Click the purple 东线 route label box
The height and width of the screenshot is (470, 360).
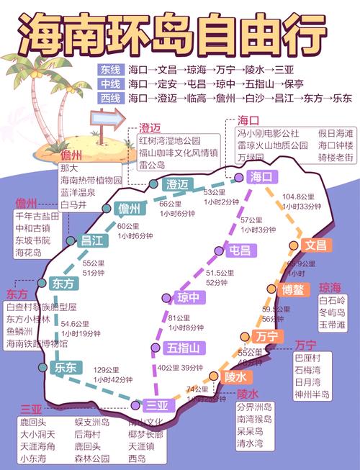coord(111,71)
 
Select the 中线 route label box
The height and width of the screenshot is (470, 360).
coord(111,84)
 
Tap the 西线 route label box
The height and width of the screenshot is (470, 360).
coord(111,98)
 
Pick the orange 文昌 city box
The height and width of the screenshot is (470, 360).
coord(315,245)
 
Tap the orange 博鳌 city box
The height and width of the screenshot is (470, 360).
coord(293,290)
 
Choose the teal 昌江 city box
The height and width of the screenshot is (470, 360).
coord(93,241)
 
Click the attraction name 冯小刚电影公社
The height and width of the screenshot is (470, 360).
coord(268,133)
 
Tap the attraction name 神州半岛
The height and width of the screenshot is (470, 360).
coord(312,394)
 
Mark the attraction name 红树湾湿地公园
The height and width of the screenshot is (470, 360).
coord(168,140)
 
